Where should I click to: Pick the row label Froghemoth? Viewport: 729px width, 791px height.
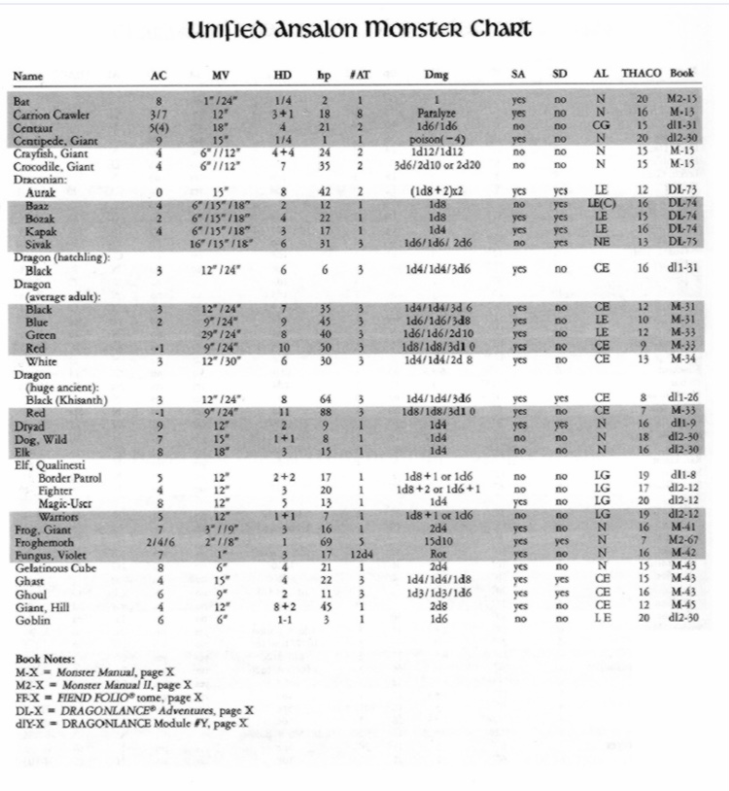pyautogui.click(x=43, y=541)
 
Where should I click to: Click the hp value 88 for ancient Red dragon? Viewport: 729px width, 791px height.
pyautogui.click(x=327, y=411)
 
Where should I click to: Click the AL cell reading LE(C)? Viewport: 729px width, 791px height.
pyautogui.click(x=601, y=205)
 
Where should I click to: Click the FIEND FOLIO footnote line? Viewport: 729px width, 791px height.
pyautogui.click(x=108, y=697)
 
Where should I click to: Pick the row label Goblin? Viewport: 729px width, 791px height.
pyautogui.click(x=33, y=618)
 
